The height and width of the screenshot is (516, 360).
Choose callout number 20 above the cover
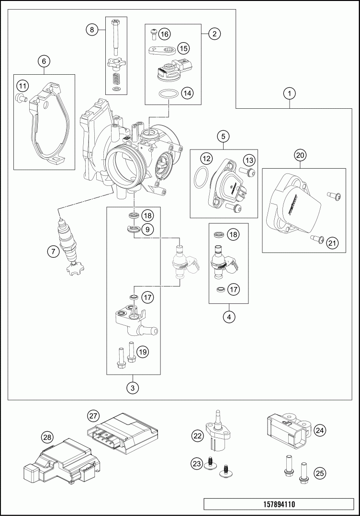(x=300, y=155)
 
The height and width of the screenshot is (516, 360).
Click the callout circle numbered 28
(x=47, y=437)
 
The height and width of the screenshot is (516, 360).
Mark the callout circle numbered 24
(x=319, y=430)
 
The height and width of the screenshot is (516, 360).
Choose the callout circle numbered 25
(x=319, y=473)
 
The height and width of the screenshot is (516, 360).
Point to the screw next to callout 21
(x=316, y=239)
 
